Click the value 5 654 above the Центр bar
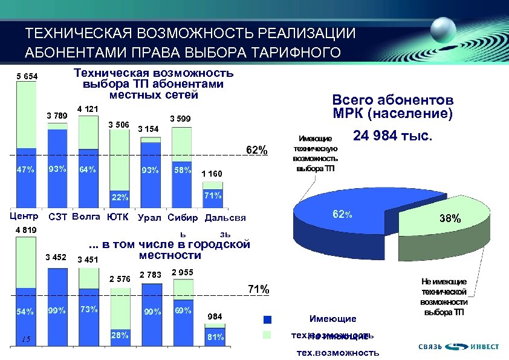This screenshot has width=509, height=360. click(27, 76)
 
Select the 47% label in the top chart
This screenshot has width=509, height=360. click(25, 169)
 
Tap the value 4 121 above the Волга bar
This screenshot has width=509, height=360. click(88, 109)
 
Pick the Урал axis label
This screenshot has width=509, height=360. click(149, 218)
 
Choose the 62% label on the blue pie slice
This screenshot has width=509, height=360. click(342, 214)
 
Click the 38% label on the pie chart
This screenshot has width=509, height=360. click(450, 219)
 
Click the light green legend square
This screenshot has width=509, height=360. click(268, 335)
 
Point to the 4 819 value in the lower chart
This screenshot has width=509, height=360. click(25, 230)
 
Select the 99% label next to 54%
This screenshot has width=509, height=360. click(57, 311)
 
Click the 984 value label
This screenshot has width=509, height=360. click(215, 316)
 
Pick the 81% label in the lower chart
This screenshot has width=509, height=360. click(215, 337)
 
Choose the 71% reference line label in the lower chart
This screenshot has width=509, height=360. click(259, 289)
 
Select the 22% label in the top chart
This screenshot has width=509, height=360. click(120, 197)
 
